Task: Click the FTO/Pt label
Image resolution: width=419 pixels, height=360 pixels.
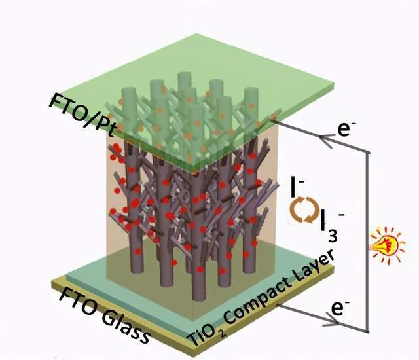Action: coord(83,115)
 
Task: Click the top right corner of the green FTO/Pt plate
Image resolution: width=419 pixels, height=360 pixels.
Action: coord(334,83)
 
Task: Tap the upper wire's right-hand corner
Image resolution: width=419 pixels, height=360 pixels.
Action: coord(369,153)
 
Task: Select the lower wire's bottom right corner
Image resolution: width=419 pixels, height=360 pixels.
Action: coord(368,332)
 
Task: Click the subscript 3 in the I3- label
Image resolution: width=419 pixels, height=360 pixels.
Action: coord(333,236)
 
